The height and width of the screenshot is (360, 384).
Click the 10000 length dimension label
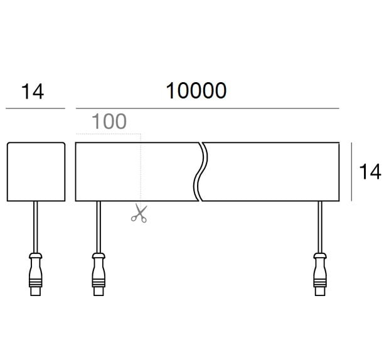click(196, 92)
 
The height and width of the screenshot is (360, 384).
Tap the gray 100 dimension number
click(109, 122)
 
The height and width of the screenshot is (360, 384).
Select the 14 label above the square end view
click(33, 92)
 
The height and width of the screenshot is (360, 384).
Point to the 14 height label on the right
click(370, 172)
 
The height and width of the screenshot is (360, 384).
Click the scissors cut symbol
click(139, 214)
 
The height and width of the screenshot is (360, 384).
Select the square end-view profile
click(36, 172)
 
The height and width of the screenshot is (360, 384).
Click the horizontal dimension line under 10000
click(207, 109)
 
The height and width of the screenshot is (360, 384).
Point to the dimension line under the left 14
click(35, 109)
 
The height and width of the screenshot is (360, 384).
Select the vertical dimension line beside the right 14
click(351, 172)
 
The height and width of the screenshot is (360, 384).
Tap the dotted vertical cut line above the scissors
click(141, 169)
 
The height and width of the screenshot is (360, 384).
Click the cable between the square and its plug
click(36, 226)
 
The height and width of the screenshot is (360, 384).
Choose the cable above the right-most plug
click(320, 226)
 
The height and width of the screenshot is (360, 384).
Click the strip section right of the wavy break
click(273, 172)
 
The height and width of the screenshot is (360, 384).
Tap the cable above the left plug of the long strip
click(98, 226)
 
